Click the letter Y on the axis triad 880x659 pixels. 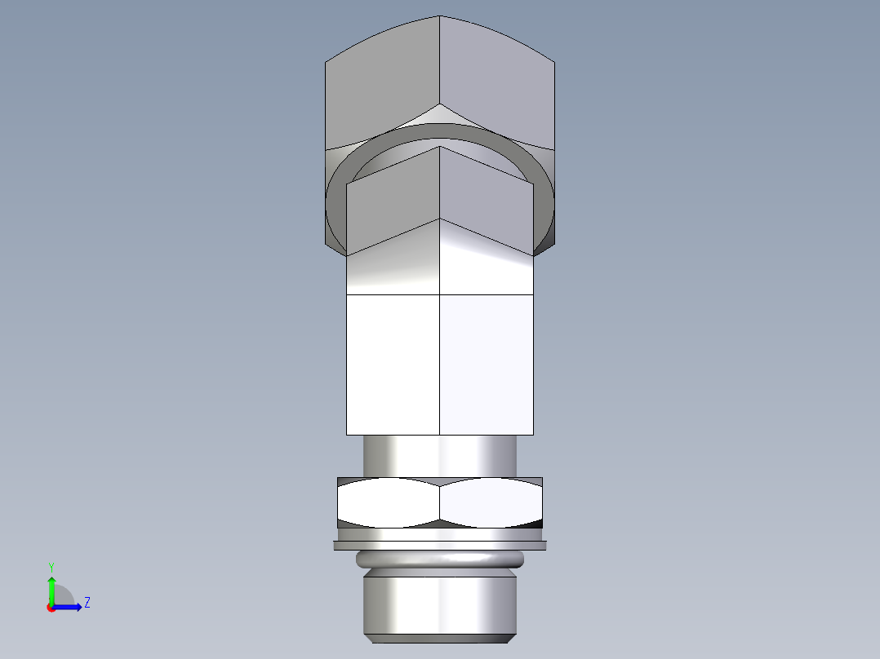pyautogui.click(x=51, y=566)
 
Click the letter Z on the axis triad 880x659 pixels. pyautogui.click(x=87, y=603)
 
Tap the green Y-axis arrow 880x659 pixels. pyautogui.click(x=51, y=587)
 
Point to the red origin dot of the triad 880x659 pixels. pyautogui.click(x=51, y=608)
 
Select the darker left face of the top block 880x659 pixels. pyautogui.click(x=380, y=82)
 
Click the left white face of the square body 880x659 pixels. pyautogui.click(x=393, y=364)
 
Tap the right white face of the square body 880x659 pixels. pyautogui.click(x=487, y=364)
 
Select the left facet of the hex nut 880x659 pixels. pyautogui.click(x=388, y=501)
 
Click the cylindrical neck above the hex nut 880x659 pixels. pyautogui.click(x=439, y=456)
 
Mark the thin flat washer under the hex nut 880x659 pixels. pyautogui.click(x=439, y=545)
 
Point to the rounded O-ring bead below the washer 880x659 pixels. pyautogui.click(x=439, y=559)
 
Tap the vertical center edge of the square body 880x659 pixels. pyautogui.click(x=440, y=364)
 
